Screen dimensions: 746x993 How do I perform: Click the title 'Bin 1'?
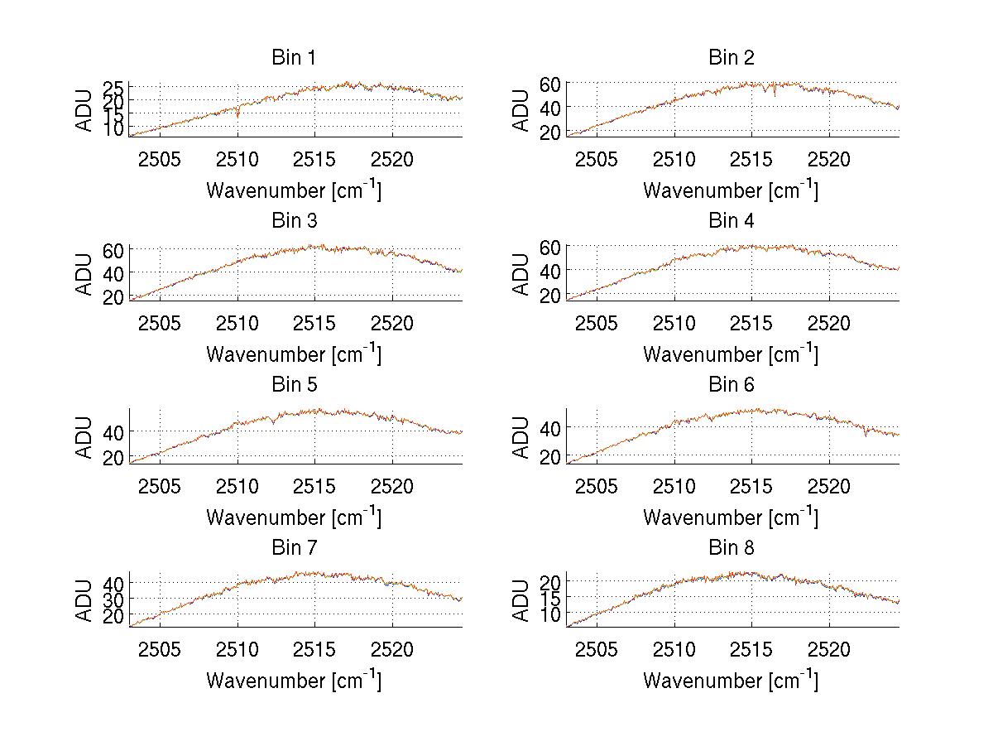[x=293, y=58]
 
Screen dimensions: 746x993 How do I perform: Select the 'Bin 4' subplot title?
[x=732, y=221]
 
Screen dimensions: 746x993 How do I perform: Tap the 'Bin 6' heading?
[x=732, y=385]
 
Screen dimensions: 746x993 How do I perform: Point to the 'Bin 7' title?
[x=293, y=548]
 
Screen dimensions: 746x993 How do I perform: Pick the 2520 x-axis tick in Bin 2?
[x=829, y=159]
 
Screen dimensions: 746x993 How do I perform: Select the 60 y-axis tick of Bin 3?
[x=113, y=249]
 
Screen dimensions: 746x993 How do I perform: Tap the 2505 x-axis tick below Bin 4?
[x=597, y=322]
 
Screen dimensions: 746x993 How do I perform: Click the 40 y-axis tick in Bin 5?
[x=113, y=431]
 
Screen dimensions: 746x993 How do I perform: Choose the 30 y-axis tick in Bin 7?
[x=113, y=599]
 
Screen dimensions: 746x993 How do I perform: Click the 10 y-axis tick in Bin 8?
[x=549, y=614]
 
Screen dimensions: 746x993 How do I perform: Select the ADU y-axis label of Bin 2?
[x=520, y=110]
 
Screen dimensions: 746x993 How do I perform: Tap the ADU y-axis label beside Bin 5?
[x=84, y=436]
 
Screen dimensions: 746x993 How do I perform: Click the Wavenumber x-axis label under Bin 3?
[x=293, y=354]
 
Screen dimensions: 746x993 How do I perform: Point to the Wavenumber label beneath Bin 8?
[x=731, y=680]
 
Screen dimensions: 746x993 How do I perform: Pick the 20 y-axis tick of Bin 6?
[x=549, y=456]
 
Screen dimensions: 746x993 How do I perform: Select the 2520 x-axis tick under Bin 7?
[x=392, y=649]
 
